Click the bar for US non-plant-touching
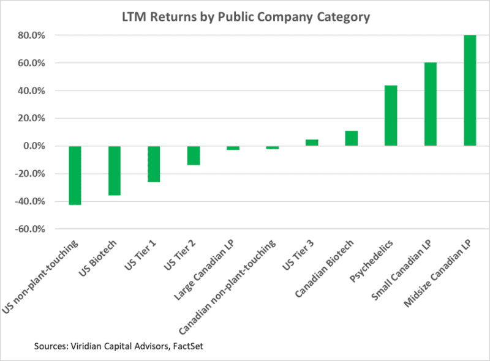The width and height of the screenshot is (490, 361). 75,175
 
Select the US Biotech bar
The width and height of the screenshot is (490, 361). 115,170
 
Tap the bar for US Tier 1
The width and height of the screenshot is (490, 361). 154,163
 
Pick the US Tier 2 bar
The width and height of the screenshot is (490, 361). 194,155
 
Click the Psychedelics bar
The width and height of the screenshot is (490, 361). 391,116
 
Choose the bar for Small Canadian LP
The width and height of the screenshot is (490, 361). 430,104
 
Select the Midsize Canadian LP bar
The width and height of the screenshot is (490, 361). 470,91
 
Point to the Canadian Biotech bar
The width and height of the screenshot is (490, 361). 352,138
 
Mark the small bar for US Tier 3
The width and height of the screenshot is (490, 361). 312,143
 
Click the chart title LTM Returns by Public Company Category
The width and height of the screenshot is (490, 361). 245,17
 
